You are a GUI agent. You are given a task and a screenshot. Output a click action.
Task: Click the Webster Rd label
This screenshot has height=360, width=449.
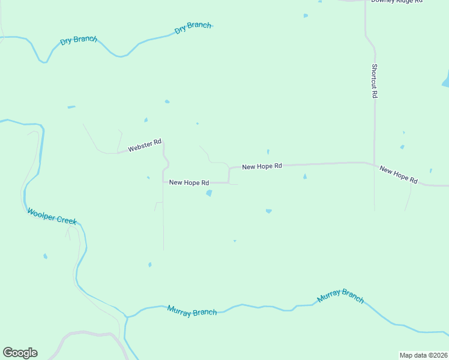145,145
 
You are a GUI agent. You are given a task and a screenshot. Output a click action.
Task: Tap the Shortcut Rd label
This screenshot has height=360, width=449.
374,81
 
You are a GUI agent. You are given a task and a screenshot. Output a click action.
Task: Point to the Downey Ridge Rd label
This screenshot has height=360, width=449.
397,2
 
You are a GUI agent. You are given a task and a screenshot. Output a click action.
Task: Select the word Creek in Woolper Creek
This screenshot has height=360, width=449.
67,220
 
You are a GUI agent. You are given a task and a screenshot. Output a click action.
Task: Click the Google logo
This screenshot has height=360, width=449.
20,353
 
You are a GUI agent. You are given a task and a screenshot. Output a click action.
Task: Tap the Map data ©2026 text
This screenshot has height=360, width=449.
423,355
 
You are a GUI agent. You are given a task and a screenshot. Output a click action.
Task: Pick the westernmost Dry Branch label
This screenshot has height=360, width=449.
79,41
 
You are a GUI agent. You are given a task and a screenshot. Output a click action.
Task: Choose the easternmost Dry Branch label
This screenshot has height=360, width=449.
193,28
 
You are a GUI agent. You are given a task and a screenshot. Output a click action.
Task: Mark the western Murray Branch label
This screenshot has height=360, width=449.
192,311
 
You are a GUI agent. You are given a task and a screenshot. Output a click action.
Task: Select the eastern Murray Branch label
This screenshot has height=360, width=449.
340,296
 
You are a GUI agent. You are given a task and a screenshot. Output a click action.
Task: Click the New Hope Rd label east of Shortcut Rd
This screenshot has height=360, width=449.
399,175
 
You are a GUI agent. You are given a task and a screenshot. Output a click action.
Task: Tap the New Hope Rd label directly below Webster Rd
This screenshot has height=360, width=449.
188,182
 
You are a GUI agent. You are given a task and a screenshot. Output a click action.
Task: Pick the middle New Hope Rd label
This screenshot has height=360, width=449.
262,166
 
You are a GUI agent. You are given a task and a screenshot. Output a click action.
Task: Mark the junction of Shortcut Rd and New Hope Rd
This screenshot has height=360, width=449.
374,163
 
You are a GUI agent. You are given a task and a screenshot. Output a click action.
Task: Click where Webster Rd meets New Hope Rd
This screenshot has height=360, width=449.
163,182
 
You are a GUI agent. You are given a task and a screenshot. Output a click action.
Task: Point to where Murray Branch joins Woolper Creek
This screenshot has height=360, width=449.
127,316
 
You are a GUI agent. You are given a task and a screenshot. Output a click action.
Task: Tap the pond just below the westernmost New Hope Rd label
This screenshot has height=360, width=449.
209,193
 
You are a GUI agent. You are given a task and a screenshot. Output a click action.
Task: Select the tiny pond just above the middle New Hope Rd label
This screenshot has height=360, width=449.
268,151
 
